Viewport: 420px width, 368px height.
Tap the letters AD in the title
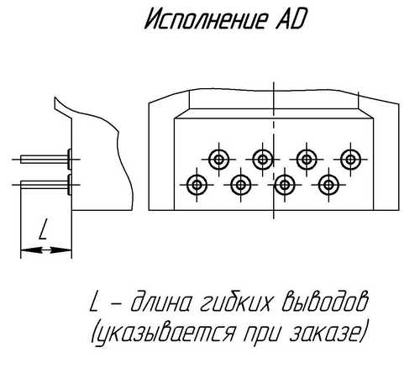[x=290, y=19]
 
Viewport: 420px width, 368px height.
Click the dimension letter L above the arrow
[x=43, y=229]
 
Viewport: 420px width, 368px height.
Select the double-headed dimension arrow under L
[x=46, y=250]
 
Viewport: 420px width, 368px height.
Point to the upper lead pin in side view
[x=46, y=160]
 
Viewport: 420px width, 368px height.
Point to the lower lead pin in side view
[x=46, y=185]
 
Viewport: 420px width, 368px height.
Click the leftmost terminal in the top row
[x=218, y=160]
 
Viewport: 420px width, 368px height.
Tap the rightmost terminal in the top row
[x=350, y=160]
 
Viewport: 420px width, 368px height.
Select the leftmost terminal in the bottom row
[x=197, y=185]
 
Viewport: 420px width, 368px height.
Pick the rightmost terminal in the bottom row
[x=328, y=185]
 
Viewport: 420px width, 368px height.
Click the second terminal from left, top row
[x=263, y=160]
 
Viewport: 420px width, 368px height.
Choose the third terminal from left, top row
[x=307, y=160]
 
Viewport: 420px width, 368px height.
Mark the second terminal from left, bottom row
[x=240, y=185]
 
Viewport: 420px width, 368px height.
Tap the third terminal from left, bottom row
[x=285, y=185]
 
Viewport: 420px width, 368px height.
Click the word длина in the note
[x=161, y=303]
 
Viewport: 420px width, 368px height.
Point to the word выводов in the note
[x=324, y=302]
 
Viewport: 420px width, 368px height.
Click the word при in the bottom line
[x=262, y=334]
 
